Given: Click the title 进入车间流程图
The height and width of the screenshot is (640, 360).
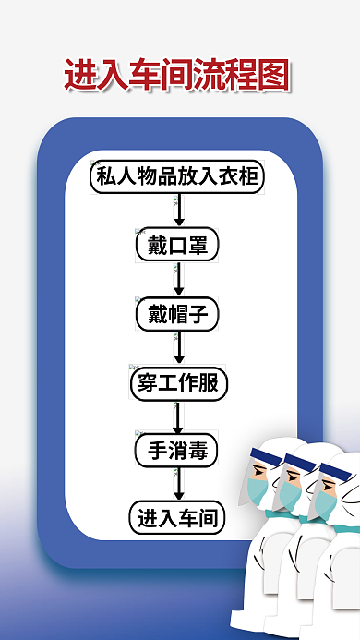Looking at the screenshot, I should (x=177, y=75).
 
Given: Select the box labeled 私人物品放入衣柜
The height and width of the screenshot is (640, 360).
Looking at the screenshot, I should (x=178, y=176).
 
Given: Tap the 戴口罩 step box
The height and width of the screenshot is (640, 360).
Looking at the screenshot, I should (x=178, y=246).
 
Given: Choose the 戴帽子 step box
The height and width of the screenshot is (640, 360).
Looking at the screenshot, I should (x=178, y=314).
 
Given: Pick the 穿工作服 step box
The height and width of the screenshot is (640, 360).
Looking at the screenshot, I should (x=178, y=381).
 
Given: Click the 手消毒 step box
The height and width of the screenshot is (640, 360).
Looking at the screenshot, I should (x=178, y=450).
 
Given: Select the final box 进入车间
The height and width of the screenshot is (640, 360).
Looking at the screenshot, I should (x=178, y=517).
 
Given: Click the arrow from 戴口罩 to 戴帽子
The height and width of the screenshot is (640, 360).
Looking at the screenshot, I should (x=179, y=280).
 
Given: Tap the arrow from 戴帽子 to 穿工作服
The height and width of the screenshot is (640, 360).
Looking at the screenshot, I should (x=179, y=347).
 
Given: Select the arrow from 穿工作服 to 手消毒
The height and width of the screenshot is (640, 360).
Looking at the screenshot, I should (x=179, y=416).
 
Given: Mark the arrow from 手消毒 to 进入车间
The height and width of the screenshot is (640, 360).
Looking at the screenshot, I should (x=179, y=484).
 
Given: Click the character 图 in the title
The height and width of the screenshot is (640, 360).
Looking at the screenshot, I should (x=273, y=75).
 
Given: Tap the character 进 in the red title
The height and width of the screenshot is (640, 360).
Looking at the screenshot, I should (x=80, y=75).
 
